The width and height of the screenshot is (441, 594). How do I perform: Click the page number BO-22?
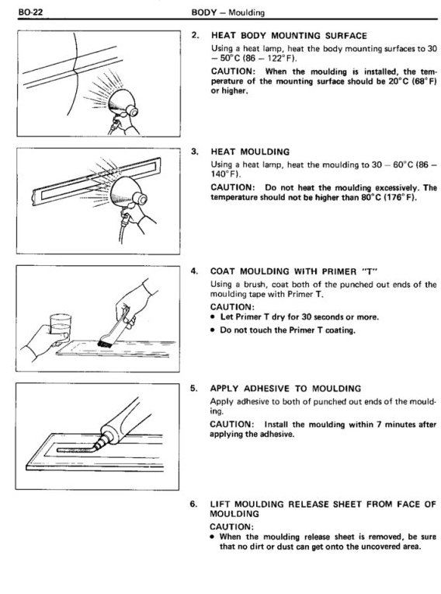pos(30,12)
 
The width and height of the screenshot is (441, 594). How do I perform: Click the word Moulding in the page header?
pos(247,12)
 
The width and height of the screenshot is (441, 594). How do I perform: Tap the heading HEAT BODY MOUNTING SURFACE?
pos(289,36)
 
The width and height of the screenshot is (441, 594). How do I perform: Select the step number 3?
pos(195,152)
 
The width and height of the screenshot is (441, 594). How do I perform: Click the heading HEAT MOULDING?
pos(250,152)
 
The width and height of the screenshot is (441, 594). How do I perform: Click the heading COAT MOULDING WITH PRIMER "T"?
pos(294,271)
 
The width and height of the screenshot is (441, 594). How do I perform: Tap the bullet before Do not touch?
pos(214,330)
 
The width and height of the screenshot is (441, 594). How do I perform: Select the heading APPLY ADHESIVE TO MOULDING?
pos(286,389)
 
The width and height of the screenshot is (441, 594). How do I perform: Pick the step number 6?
pos(193,504)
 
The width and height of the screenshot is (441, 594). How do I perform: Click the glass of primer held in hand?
pos(61,325)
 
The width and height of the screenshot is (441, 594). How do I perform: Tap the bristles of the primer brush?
pos(103,343)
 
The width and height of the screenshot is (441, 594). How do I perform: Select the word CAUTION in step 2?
pos(234,72)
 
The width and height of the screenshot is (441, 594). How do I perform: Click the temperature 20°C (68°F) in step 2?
pos(412,82)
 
